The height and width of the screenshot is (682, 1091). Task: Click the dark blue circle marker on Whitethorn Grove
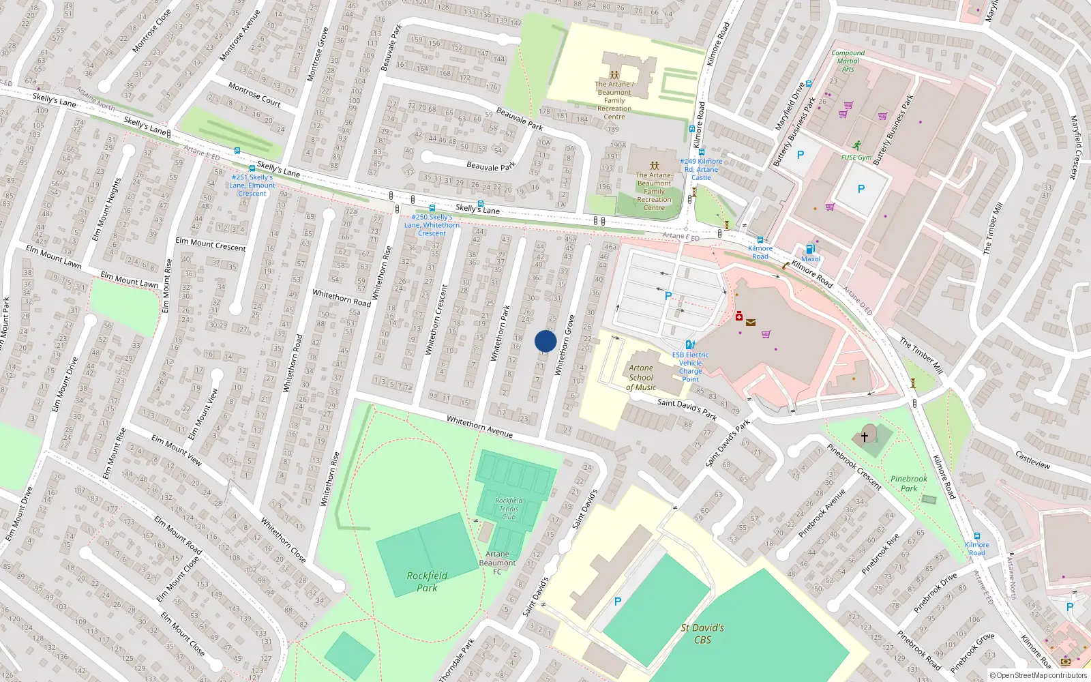[x=545, y=341]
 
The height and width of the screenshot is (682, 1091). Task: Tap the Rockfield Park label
[x=428, y=581]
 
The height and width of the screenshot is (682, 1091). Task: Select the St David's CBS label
[x=702, y=634]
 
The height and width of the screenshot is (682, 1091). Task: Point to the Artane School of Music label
[x=641, y=378]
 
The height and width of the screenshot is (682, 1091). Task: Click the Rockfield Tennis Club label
[x=509, y=509]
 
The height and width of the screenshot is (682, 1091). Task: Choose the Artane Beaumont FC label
[x=498, y=563]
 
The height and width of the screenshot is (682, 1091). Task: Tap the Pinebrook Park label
[x=909, y=484]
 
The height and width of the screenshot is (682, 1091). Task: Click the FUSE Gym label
[x=856, y=157]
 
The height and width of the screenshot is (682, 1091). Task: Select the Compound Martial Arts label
[x=848, y=61]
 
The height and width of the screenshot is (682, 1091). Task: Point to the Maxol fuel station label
[x=811, y=259]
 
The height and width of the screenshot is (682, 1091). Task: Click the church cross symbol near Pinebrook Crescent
[x=865, y=436]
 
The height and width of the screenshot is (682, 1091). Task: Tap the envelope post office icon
[x=751, y=323]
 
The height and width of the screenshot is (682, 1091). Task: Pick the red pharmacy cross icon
[x=738, y=316]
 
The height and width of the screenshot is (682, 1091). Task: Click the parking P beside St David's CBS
[x=618, y=602]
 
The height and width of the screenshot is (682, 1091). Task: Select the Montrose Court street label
[x=254, y=95]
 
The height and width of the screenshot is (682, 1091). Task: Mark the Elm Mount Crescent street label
[x=211, y=244]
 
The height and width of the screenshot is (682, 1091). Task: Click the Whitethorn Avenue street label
[x=479, y=426]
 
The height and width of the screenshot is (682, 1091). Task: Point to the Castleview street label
[x=1032, y=460]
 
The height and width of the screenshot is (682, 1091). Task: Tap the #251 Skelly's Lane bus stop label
[x=252, y=186]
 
